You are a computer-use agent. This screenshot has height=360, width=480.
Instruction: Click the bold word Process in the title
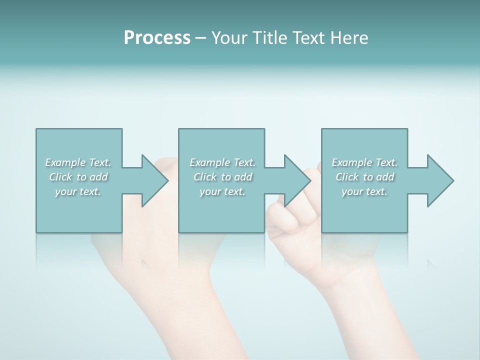(157, 38)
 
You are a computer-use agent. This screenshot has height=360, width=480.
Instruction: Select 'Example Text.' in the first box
(78, 162)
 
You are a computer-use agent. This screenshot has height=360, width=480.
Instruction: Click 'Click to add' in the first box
(78, 177)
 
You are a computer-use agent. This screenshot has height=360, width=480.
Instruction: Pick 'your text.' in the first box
(78, 191)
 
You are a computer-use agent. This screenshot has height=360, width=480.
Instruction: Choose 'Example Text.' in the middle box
(222, 162)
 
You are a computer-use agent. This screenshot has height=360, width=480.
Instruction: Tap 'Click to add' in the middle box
(222, 177)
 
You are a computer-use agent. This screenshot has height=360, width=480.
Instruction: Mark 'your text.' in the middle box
(222, 191)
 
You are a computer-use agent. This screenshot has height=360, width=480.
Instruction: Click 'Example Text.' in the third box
(364, 162)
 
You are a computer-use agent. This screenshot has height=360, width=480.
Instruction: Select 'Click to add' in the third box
(364, 177)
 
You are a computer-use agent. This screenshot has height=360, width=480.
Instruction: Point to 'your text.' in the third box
(364, 191)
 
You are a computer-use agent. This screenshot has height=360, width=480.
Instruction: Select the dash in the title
(201, 38)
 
